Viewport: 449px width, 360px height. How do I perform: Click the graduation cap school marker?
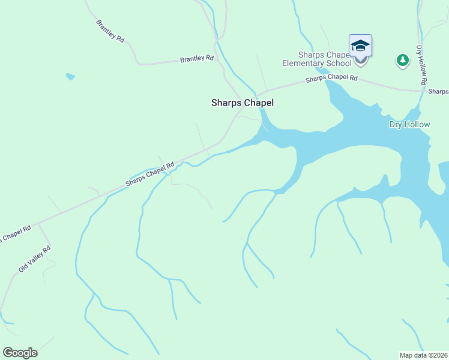pos(360,46)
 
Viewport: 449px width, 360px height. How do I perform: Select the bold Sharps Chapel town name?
pos(243,103)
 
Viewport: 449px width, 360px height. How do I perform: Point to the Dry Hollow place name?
pos(409,124)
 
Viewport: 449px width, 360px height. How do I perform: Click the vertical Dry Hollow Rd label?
pos(421,64)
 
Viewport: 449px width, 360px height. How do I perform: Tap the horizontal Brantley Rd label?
pos(197,59)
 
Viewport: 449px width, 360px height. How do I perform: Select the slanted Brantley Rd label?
pos(110,31)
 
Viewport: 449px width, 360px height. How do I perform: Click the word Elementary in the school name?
pos(304,64)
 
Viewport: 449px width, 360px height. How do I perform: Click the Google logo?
pos(20,353)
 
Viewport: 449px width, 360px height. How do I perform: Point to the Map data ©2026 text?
pos(423,355)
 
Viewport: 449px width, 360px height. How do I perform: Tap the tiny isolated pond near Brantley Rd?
pos(70,77)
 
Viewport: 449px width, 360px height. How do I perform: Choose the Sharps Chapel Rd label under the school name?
pos(331,79)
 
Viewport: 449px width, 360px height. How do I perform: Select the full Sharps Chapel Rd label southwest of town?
pos(149,175)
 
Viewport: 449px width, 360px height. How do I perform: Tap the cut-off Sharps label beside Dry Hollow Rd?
pos(438,91)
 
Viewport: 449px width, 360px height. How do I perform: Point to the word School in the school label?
pos(339,64)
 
